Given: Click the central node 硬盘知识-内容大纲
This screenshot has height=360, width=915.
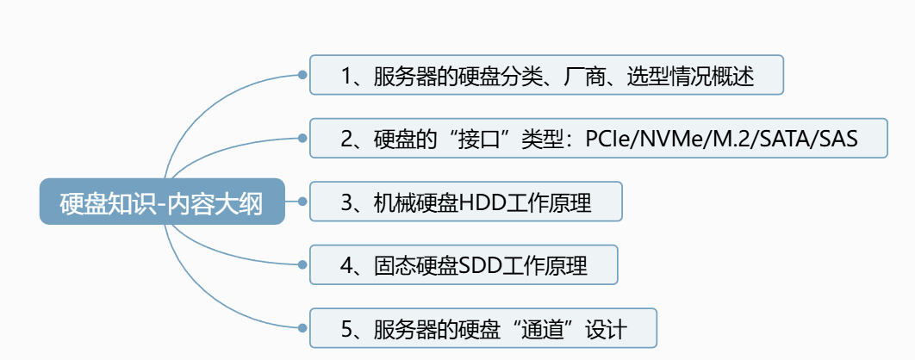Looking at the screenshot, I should point(161,202).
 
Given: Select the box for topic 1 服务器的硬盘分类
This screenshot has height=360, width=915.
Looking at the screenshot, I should point(546,76).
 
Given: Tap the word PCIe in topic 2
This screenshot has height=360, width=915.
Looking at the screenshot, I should point(610,139).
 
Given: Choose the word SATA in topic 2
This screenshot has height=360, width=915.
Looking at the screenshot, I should point(784,139).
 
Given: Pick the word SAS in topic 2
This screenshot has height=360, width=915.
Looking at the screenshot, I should point(839,139).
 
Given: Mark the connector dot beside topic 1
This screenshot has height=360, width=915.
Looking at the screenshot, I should point(302,76).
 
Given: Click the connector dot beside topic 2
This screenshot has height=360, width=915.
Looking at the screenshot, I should point(302,138).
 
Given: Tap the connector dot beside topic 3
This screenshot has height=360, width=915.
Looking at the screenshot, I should point(302,202).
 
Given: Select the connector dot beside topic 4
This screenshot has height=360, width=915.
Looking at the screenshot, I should point(302,265).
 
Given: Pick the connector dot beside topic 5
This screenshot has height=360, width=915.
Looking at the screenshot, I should point(302,328).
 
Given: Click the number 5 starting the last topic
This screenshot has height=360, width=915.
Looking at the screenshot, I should point(346,329).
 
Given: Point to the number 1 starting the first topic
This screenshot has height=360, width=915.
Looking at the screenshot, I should point(346,76).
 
